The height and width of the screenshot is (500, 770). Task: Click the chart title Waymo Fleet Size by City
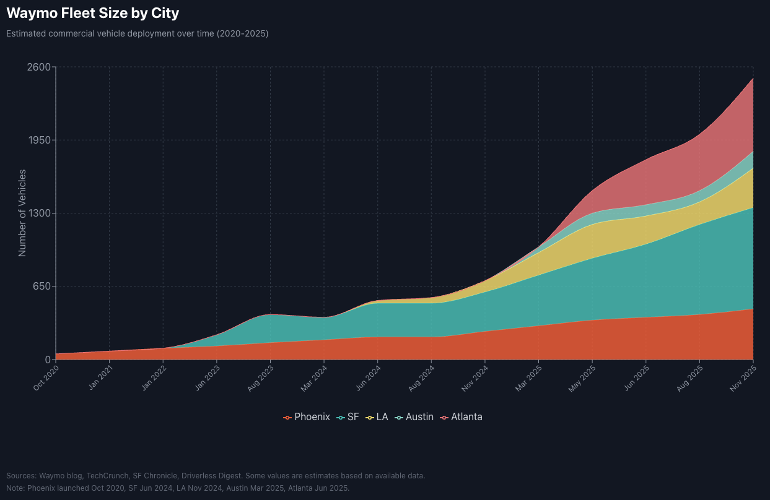click(93, 12)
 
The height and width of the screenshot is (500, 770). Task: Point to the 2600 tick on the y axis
click(38, 67)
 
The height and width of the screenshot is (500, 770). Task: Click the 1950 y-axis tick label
click(38, 140)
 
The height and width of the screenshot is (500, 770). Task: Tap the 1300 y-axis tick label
click(38, 213)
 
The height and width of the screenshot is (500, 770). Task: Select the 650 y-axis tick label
click(41, 287)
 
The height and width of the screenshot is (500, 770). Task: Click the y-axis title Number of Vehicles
click(22, 213)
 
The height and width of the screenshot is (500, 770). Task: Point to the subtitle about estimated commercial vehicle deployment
click(138, 33)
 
